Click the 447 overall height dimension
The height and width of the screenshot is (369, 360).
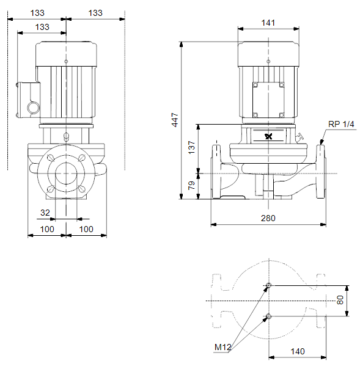coord(175,120)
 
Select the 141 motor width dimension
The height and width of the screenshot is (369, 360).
coord(268,23)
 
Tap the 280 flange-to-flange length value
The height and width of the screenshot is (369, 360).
coord(268,218)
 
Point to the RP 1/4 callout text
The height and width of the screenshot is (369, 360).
coord(341,124)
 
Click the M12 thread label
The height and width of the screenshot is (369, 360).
coord(222,347)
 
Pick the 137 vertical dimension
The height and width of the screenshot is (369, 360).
coord(192,148)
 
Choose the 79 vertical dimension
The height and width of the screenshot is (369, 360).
coord(191,186)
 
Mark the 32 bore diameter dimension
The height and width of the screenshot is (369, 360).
coord(45,213)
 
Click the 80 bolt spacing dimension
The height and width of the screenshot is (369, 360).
coord(340,301)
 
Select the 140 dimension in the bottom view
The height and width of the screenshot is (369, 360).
coord(298,351)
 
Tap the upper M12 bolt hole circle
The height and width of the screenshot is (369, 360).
coord(268,285)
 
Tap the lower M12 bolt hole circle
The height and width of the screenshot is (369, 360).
coord(268,316)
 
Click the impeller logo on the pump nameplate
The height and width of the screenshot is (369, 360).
coord(268,136)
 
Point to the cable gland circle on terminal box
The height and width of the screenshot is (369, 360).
coord(33,108)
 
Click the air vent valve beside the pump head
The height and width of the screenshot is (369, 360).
coord(299,137)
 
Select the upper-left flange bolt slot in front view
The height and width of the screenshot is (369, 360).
coord(51,158)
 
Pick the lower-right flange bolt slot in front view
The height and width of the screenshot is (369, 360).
coord(82,189)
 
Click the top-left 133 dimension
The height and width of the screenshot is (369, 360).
coord(37,13)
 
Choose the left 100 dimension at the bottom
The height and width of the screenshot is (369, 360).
coord(47,229)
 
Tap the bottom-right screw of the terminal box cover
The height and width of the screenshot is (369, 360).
coord(281,115)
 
